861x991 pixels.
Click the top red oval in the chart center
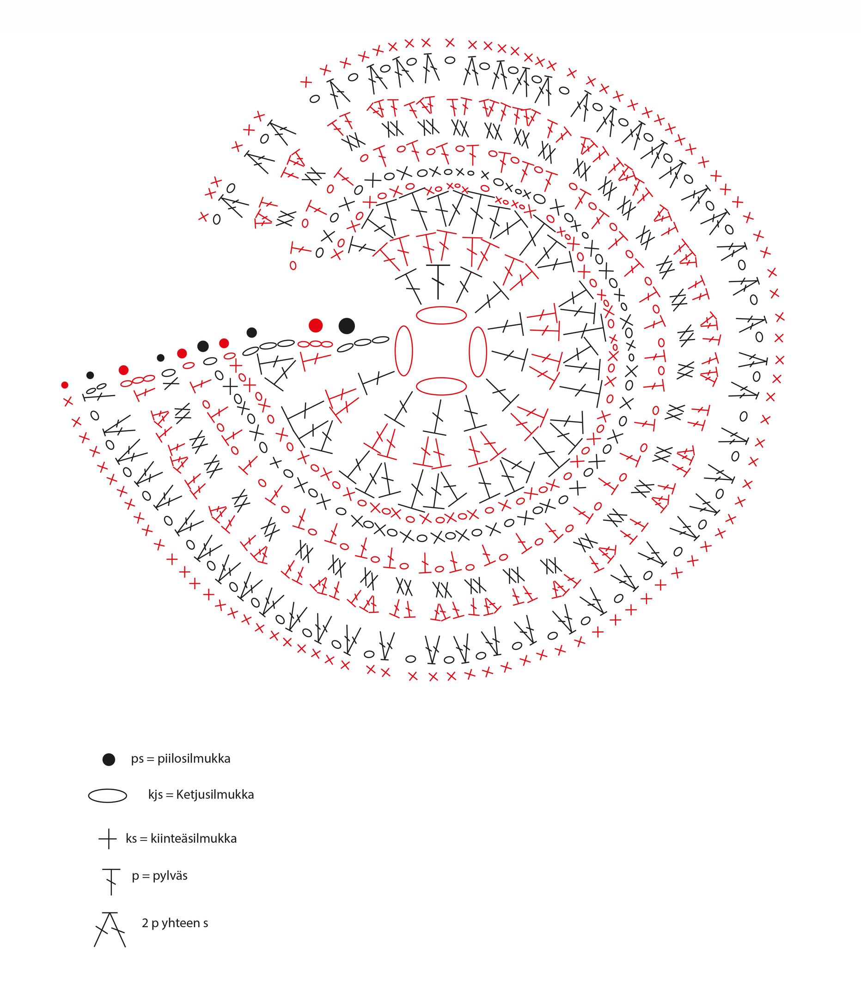pos(441,315)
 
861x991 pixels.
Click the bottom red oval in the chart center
pos(441,387)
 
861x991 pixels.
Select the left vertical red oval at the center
pos(403,351)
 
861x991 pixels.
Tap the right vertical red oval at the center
pos(477,352)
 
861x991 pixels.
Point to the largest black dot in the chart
pos(347,326)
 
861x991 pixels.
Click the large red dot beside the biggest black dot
pos(315,325)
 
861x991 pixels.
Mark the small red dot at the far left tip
pos(65,385)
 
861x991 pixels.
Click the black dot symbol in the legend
pos(109,760)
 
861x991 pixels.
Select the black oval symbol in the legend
pos(108,796)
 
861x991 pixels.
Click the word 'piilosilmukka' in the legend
pos(194,759)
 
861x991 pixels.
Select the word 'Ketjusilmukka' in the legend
pos(215,795)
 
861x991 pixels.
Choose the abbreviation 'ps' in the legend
pos(137,760)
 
